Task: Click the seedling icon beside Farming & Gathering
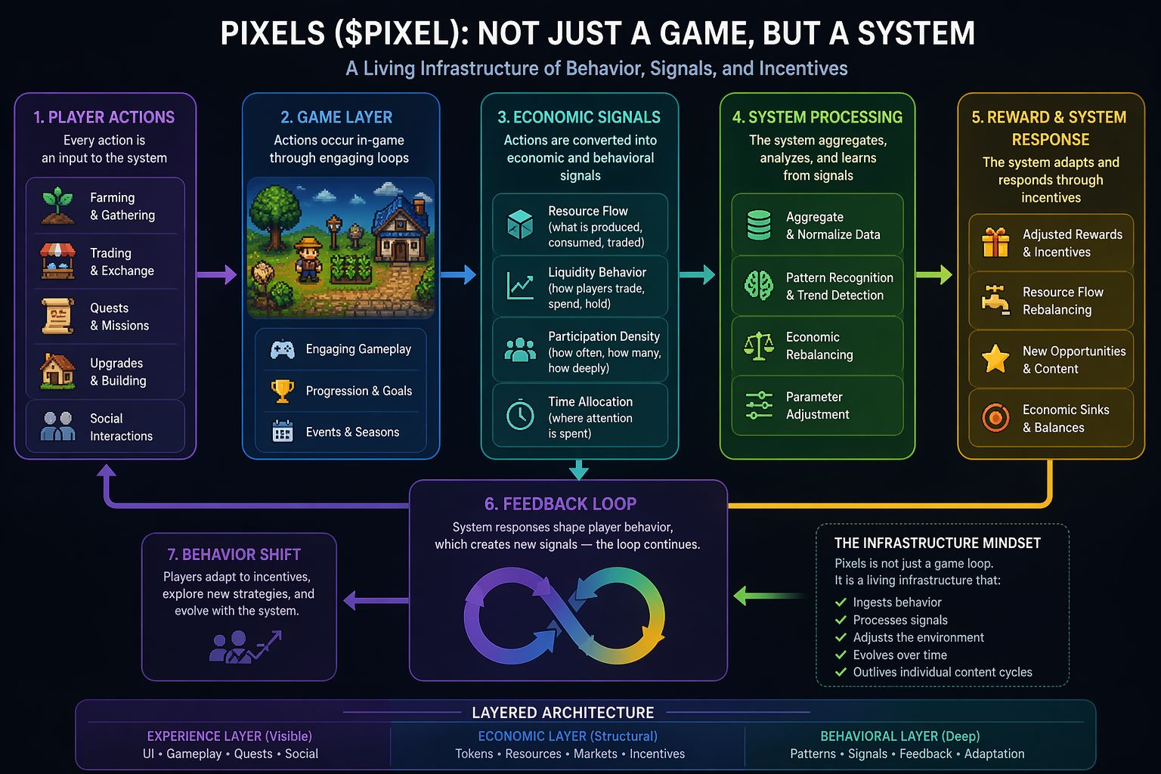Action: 57,206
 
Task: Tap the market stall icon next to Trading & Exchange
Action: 57,262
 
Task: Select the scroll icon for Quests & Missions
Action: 57,317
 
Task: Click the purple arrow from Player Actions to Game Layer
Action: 216,275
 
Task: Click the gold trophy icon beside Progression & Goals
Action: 282,391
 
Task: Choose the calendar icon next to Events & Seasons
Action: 282,432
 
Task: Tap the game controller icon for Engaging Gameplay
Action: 282,349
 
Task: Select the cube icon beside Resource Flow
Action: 520,224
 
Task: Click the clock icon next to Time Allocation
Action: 520,416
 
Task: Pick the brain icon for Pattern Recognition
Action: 759,286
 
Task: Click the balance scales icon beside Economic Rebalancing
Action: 759,345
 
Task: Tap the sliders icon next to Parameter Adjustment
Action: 759,405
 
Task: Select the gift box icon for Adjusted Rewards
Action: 995,243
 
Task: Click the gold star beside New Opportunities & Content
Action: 995,359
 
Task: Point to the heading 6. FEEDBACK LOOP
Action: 560,504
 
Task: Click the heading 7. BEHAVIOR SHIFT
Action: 234,555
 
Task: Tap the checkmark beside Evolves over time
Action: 840,655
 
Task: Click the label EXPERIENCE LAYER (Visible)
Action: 229,736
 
